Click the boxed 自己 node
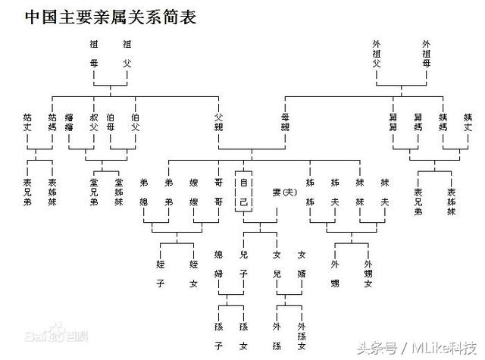point(243,193)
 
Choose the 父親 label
point(218,123)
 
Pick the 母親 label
point(285,123)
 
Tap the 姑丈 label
point(28,123)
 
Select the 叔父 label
point(94,123)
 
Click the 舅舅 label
point(393,123)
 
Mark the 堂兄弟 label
point(94,193)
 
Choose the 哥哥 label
point(218,193)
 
